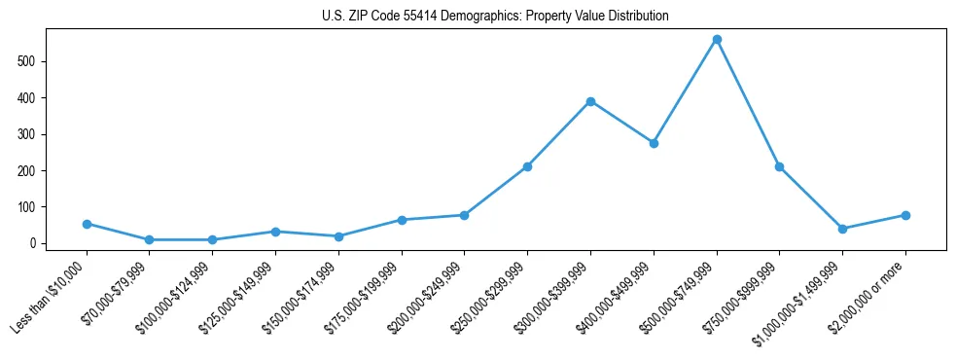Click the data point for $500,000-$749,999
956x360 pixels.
tap(717, 40)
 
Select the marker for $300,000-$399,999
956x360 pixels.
tap(590, 101)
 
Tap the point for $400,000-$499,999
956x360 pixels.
tap(654, 143)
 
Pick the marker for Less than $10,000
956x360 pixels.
tap(87, 224)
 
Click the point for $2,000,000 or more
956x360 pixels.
tap(905, 215)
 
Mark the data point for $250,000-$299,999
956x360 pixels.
tap(527, 166)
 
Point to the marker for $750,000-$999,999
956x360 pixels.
tap(779, 166)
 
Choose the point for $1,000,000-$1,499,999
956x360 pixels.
tap(842, 229)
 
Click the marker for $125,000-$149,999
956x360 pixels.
tap(275, 232)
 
